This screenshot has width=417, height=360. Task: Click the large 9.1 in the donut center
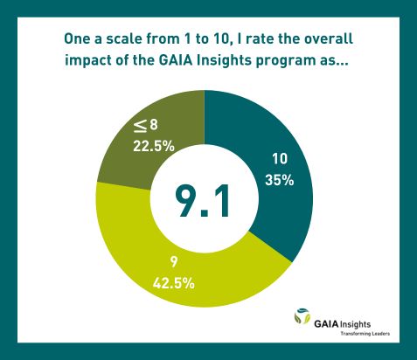pyautogui.click(x=203, y=202)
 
